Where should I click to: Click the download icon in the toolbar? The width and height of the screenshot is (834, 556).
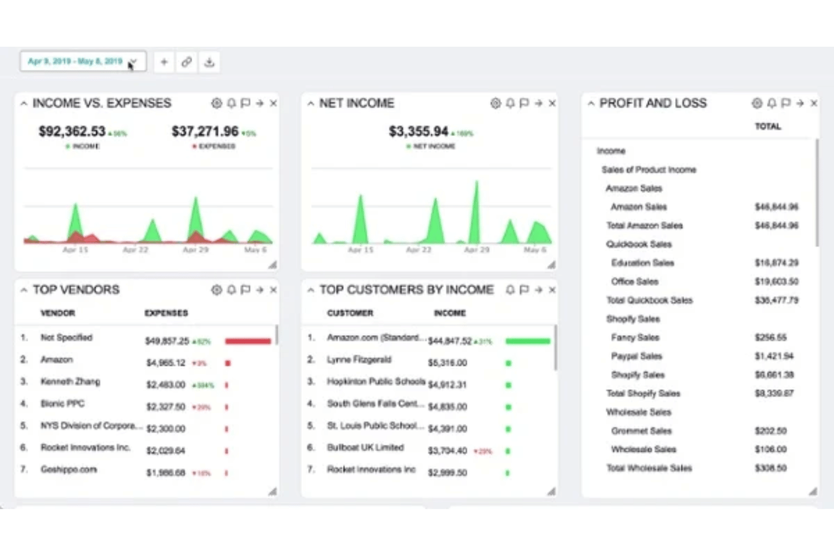[209, 62]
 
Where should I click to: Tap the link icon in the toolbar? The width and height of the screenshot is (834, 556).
[187, 62]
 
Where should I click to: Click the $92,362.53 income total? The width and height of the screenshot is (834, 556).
[72, 131]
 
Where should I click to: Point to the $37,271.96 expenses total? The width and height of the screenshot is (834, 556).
[205, 131]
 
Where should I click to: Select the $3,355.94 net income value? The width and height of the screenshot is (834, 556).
[418, 131]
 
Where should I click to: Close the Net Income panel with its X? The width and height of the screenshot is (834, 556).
[552, 103]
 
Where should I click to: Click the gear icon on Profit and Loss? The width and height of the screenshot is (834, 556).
[757, 103]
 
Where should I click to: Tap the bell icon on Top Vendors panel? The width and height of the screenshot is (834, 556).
[231, 290]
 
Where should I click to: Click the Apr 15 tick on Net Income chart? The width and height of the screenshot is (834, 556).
[361, 250]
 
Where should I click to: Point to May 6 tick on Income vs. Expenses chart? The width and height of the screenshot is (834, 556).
[255, 250]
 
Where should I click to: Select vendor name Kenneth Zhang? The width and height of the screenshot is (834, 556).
[70, 381]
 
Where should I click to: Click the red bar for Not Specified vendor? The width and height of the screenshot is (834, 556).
[248, 341]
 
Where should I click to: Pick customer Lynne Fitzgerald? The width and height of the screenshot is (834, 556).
[359, 359]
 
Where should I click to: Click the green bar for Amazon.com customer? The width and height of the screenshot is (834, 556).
[527, 341]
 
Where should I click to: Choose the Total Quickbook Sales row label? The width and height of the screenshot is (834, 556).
[649, 300]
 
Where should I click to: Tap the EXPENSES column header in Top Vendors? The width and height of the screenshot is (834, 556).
[166, 313]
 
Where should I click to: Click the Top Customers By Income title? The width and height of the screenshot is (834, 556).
[406, 290]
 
